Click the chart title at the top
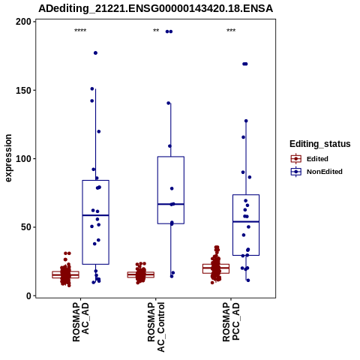point(155,8)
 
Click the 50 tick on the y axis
point(26,227)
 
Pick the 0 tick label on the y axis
point(29,295)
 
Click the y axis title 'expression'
point(8,158)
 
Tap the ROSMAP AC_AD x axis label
point(81,322)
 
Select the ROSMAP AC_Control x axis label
point(156,327)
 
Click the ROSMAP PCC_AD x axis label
point(231,322)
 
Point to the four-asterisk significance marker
point(80,31)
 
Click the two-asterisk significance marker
point(156,31)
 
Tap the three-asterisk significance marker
point(231,31)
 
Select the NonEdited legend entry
point(316,172)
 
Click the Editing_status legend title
point(320,144)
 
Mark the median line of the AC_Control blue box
point(171,204)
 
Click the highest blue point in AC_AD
point(95,53)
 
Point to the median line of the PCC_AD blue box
point(246,222)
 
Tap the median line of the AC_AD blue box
point(95,215)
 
